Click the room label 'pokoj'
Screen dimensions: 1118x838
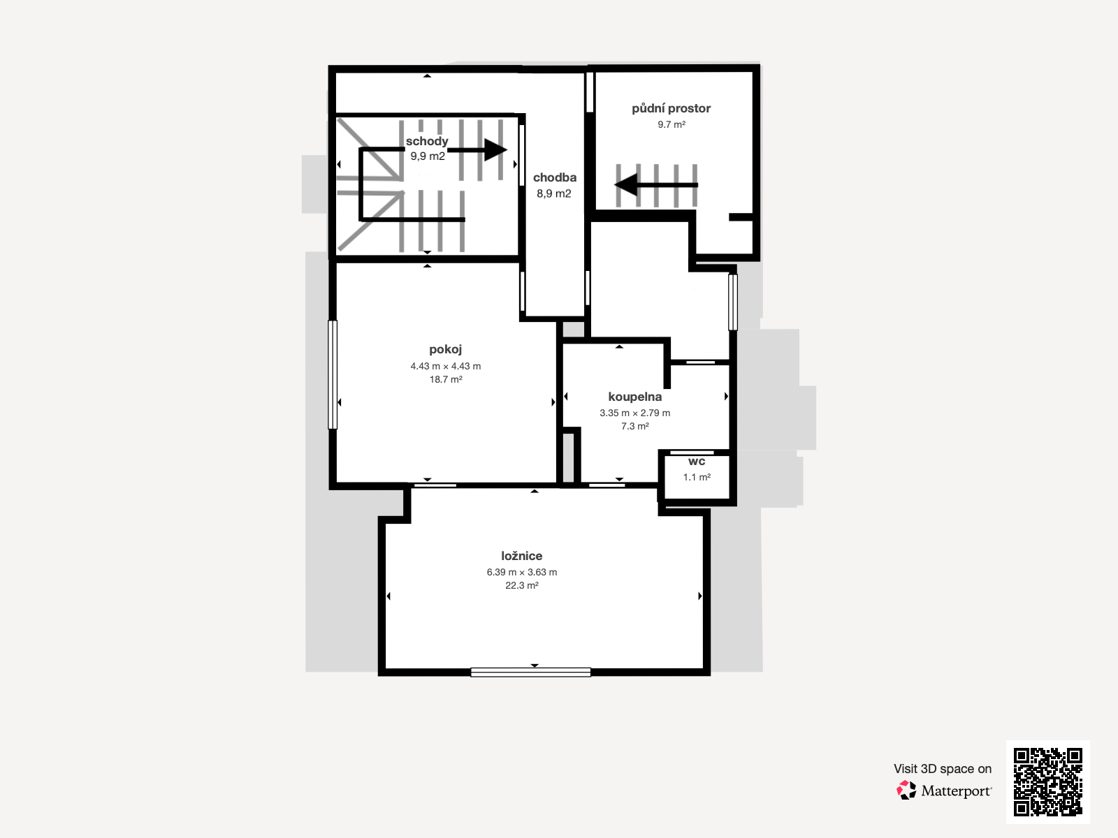(445, 350)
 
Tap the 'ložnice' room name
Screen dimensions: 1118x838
(521, 556)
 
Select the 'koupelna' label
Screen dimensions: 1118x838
(634, 397)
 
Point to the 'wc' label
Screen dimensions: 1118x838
(697, 462)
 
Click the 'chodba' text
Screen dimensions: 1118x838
(555, 177)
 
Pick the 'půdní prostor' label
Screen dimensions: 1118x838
(671, 108)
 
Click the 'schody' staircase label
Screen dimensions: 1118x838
(427, 142)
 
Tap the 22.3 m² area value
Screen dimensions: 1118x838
(521, 585)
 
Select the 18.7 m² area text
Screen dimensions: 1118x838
(446, 379)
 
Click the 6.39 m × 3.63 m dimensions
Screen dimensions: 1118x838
(521, 572)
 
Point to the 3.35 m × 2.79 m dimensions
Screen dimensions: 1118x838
(634, 413)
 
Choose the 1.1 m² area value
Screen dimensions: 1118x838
(697, 477)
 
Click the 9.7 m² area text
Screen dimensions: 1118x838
(671, 124)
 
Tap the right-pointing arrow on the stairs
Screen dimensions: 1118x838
(477, 149)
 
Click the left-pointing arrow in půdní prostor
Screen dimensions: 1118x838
(656, 184)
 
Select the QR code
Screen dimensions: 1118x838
(1047, 781)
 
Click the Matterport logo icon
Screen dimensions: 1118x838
(906, 791)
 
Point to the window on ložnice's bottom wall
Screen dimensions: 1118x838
(531, 672)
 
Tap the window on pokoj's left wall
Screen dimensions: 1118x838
(332, 374)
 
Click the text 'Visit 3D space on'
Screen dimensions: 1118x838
(943, 769)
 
